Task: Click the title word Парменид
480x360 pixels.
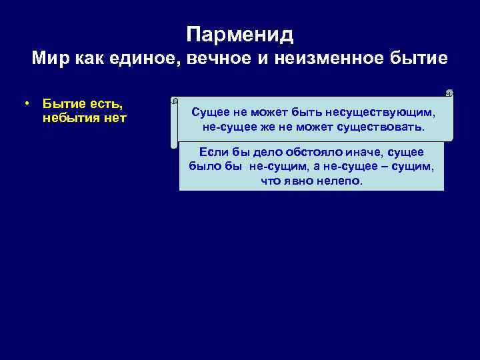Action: tap(240, 34)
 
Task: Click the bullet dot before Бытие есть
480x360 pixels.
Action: tap(25, 104)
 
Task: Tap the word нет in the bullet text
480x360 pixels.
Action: tap(114, 119)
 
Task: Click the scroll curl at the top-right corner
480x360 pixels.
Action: tap(449, 93)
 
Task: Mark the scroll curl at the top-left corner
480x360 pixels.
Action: tap(175, 101)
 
